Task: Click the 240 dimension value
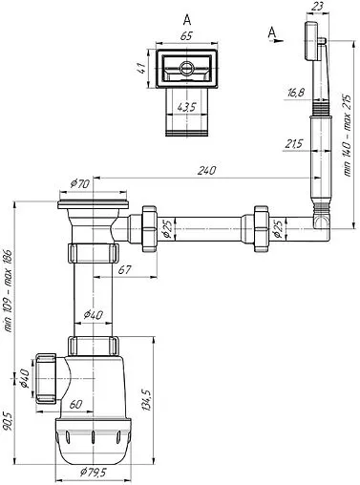tap(206, 171)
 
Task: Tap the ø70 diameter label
tap(80, 183)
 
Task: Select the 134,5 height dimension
tap(146, 400)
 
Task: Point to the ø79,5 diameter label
tap(93, 473)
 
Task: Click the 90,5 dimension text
tap(8, 421)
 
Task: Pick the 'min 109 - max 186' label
tap(8, 291)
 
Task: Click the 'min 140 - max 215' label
tap(347, 136)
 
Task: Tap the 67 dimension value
tap(124, 270)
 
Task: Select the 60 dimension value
tap(75, 405)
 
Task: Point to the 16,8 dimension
tap(296, 93)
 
